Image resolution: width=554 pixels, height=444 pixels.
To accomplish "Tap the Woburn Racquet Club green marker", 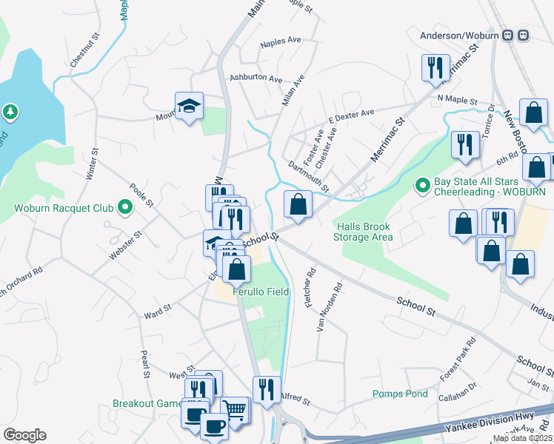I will pyautogui.click(x=125, y=207).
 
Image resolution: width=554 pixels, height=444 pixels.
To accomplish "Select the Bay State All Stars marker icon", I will pyautogui.click(x=422, y=184).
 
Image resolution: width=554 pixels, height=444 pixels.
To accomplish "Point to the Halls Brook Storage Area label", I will pyautogui.click(x=367, y=232).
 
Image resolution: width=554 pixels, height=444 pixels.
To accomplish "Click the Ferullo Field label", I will pyautogui.click(x=261, y=292).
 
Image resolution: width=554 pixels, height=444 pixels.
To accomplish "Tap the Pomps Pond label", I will pyautogui.click(x=400, y=394).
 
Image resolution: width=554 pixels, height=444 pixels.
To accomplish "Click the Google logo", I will pyautogui.click(x=24, y=435).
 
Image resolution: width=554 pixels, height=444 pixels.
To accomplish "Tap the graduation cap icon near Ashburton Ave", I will pyautogui.click(x=189, y=105).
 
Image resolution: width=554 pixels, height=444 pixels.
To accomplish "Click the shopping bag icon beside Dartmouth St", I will pyautogui.click(x=298, y=203).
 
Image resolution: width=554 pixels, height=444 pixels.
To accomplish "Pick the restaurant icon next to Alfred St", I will pyautogui.click(x=267, y=389).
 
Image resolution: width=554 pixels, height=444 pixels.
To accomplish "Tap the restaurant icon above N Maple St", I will pyautogui.click(x=435, y=67).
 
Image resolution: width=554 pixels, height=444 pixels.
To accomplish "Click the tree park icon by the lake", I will pyautogui.click(x=10, y=112).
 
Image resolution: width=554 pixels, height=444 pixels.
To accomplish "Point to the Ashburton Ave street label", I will pyautogui.click(x=256, y=78).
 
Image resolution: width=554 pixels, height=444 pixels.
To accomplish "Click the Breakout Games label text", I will pyautogui.click(x=147, y=403).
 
